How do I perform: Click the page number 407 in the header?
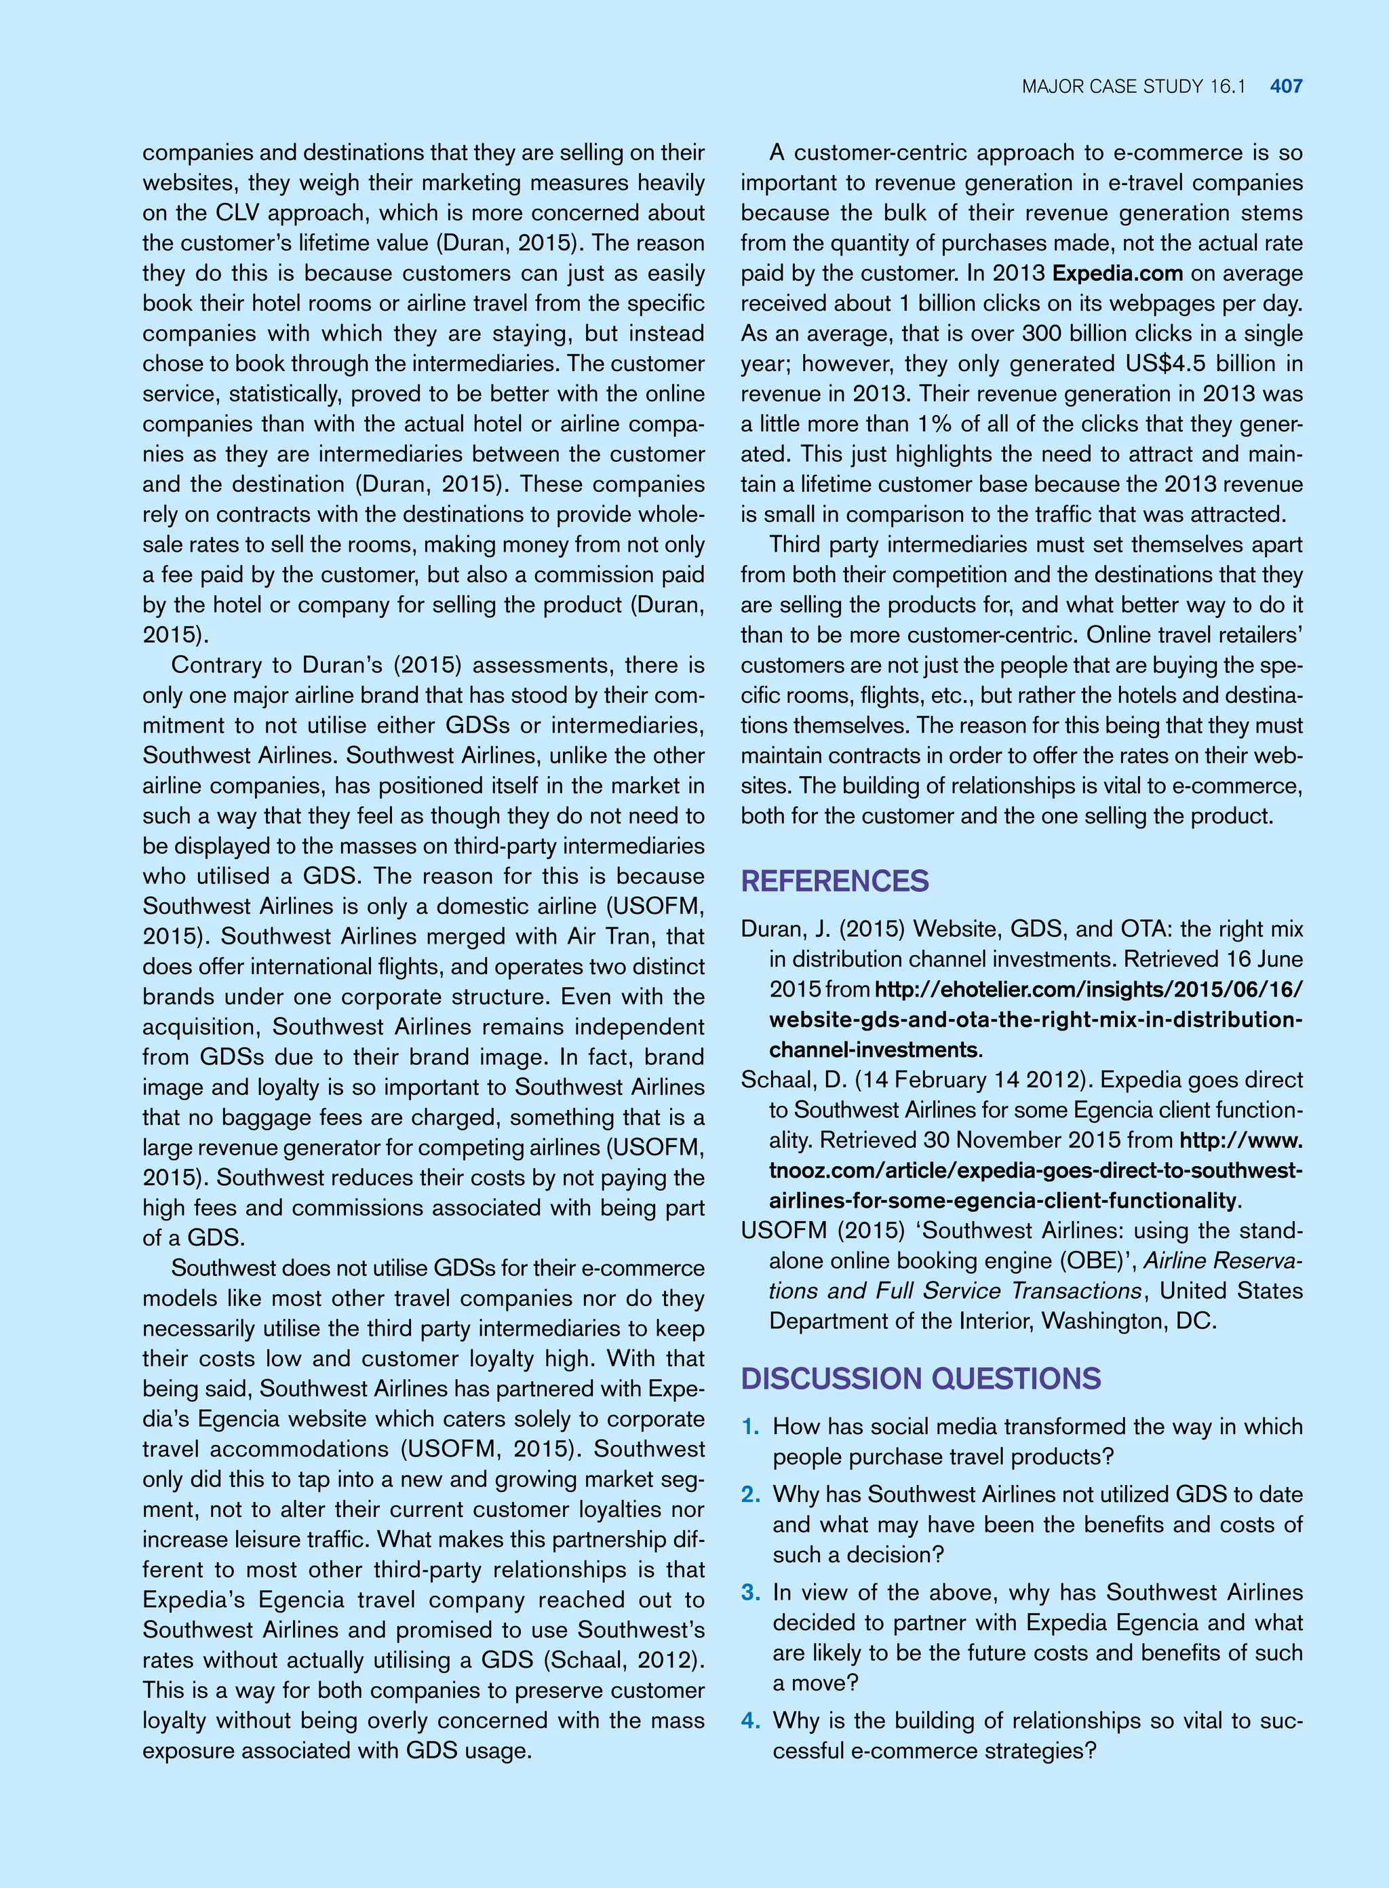[1286, 85]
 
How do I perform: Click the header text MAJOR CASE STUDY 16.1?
[1133, 85]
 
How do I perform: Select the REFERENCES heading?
[834, 881]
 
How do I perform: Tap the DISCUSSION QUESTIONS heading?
[920, 1379]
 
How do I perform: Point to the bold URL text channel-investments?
[874, 1049]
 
